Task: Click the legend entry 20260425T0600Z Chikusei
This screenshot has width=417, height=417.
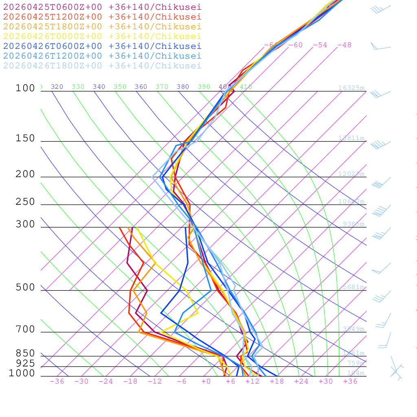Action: [x=102, y=7]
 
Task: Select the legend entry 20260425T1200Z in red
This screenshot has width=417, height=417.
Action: [x=102, y=17]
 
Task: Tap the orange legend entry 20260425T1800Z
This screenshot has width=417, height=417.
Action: [x=102, y=26]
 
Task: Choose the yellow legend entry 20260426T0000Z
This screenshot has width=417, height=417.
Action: [x=102, y=36]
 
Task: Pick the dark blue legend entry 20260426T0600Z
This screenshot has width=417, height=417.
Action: [x=102, y=46]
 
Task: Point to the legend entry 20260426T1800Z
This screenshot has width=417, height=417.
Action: [x=102, y=66]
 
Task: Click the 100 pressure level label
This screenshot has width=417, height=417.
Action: [x=25, y=88]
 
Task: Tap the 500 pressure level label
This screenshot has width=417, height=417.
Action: [x=25, y=288]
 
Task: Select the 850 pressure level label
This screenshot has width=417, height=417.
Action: [x=25, y=353]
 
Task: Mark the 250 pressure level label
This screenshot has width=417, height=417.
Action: [x=25, y=202]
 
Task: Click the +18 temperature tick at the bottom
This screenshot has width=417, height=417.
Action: [x=277, y=382]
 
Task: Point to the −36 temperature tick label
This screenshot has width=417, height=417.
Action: [x=57, y=382]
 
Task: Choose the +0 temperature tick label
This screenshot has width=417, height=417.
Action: [x=206, y=382]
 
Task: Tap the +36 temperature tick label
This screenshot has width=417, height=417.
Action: [x=350, y=382]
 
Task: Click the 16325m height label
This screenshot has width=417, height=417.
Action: [x=351, y=88]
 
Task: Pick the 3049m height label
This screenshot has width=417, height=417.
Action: [x=353, y=329]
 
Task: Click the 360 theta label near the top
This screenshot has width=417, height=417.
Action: [x=141, y=87]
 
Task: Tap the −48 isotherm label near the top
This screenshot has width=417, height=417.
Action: [x=344, y=45]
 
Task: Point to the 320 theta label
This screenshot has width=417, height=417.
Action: [x=57, y=87]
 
